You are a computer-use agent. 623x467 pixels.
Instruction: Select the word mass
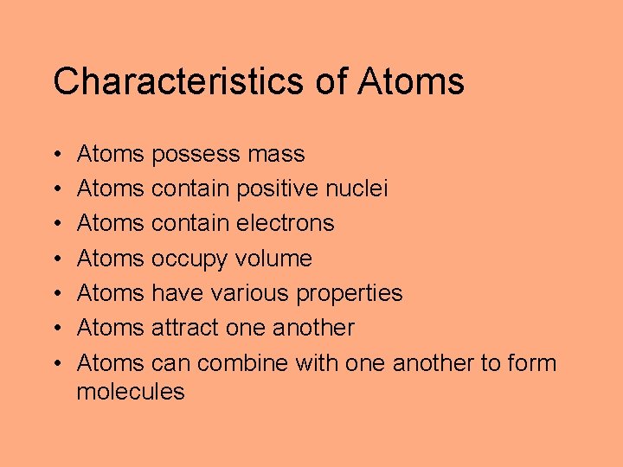coord(276,154)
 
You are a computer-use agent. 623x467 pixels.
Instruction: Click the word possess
coord(196,155)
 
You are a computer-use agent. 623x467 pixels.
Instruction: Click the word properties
coord(350,294)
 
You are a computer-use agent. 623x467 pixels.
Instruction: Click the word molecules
coord(131,391)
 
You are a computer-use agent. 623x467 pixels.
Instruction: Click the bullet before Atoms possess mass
coord(56,155)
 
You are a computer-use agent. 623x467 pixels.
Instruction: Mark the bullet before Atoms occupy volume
coord(56,259)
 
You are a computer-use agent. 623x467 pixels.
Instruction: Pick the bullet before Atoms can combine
coord(56,362)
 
